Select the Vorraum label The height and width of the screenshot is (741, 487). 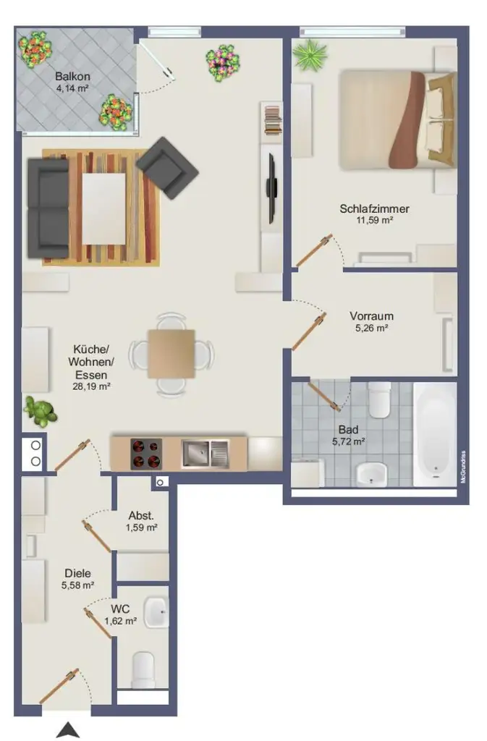371,316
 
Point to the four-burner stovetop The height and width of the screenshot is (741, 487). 145,454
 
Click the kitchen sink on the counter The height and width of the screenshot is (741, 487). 204,454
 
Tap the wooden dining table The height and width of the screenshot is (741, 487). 171,354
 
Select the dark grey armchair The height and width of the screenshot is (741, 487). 168,167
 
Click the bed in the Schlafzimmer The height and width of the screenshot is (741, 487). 397,119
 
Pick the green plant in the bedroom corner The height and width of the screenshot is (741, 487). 310,54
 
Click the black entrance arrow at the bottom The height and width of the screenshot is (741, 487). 67,730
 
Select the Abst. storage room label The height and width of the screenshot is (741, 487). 140,516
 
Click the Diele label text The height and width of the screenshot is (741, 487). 77,573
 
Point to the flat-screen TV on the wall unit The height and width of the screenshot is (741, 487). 272,188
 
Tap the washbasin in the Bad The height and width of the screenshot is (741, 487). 372,474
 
